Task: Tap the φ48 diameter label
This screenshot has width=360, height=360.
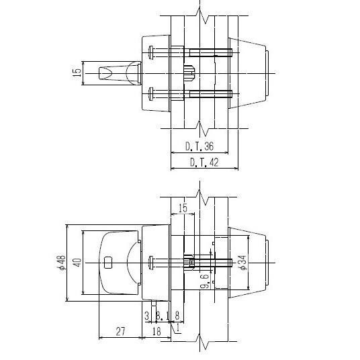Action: [x=61, y=263]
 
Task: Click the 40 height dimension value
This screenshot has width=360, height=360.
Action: [x=77, y=263]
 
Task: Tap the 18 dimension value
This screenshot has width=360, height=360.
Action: [x=156, y=330]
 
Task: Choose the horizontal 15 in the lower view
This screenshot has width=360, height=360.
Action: [x=183, y=208]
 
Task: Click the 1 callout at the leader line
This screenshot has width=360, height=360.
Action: [x=178, y=328]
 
